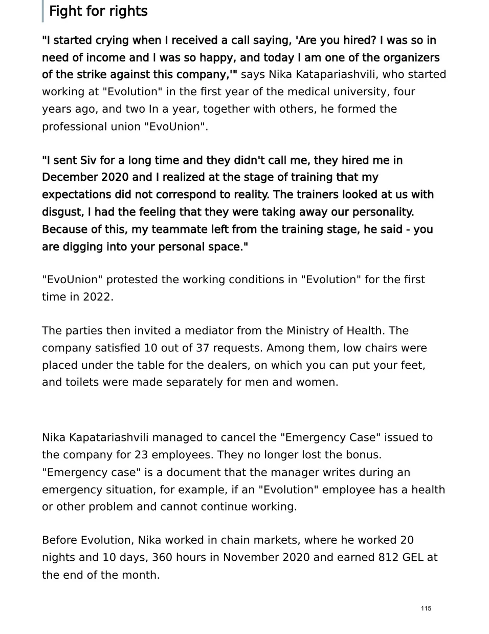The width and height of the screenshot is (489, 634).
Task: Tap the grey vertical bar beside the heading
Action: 43,11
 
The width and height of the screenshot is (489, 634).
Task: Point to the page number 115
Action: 426,608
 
